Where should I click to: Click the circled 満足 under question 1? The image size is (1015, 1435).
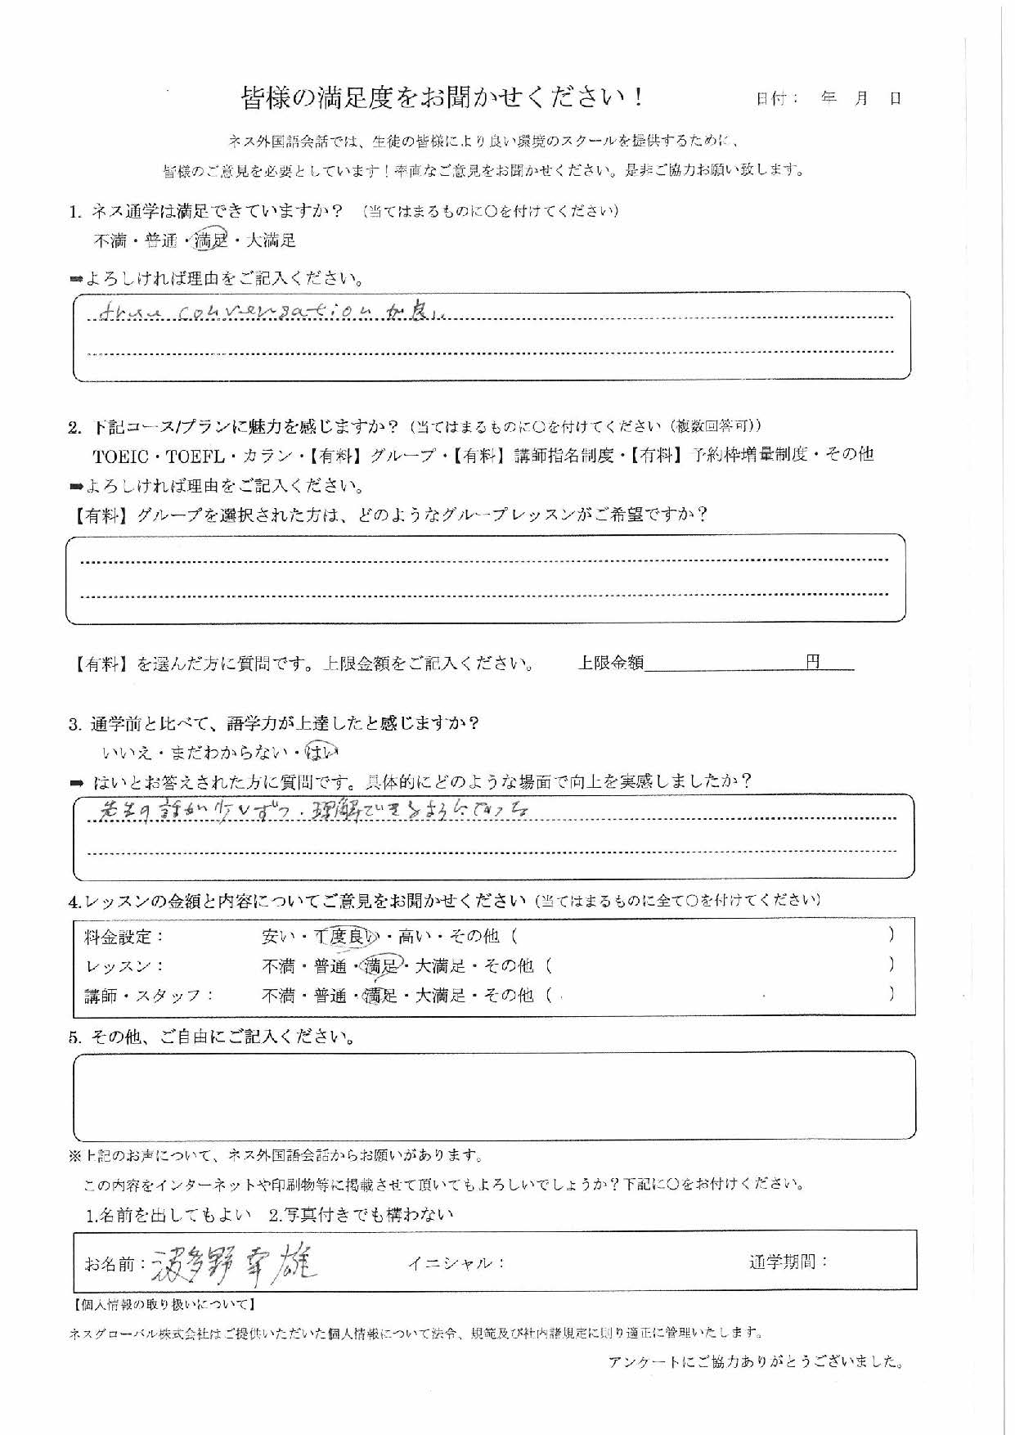click(x=210, y=240)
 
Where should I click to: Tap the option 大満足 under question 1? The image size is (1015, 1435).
click(x=271, y=241)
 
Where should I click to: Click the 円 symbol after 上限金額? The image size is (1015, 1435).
click(x=813, y=662)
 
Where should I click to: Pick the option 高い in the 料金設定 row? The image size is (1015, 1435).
click(x=414, y=937)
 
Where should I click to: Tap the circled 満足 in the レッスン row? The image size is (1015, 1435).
click(x=380, y=966)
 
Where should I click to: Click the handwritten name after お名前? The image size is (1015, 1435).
click(x=234, y=1264)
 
